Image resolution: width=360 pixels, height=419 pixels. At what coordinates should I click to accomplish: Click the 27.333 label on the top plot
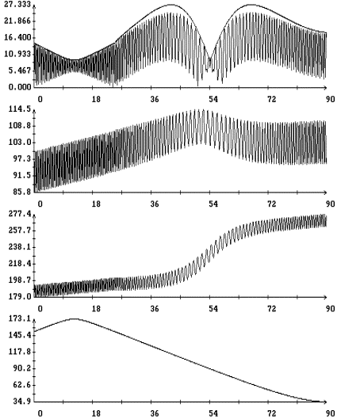[x=17, y=5]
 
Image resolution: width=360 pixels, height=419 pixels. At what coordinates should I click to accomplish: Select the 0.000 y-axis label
[x=20, y=87]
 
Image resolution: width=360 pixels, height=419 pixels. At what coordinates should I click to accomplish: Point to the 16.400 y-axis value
[x=17, y=37]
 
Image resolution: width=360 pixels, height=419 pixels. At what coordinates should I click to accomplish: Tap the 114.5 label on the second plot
[x=20, y=109]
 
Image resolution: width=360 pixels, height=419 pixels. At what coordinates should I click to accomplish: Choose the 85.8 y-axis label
[x=22, y=192]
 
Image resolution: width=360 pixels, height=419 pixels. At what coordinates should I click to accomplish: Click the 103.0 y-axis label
[x=20, y=142]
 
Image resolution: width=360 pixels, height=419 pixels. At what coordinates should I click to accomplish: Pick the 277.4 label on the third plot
[x=20, y=214]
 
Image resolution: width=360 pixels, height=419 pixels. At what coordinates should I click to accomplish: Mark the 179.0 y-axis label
[x=20, y=296]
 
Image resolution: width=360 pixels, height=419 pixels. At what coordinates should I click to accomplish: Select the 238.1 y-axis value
[x=20, y=247]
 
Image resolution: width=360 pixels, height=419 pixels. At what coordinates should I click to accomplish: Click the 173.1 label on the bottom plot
[x=20, y=318]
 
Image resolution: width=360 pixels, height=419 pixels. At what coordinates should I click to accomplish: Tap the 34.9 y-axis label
[x=22, y=401]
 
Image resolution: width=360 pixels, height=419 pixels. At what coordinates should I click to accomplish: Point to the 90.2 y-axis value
[x=22, y=368]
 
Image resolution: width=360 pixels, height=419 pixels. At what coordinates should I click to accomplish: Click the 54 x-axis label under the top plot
[x=213, y=100]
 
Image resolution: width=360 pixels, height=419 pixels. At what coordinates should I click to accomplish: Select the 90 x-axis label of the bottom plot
[x=331, y=413]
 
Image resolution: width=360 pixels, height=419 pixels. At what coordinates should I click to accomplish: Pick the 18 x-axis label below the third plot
[x=96, y=309]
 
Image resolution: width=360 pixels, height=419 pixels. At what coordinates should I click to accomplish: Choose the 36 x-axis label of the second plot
[x=155, y=204]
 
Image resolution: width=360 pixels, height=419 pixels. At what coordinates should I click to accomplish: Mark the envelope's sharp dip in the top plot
[x=210, y=59]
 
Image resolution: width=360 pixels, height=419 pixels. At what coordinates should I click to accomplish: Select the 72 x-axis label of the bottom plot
[x=271, y=413]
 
